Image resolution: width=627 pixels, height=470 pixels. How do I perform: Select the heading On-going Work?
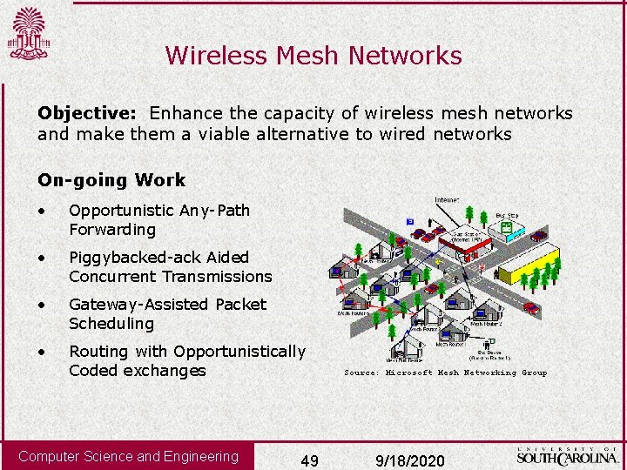point(111,180)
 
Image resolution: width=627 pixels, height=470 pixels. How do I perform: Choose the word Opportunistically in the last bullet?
point(239,351)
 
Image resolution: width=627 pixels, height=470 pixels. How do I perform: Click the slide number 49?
point(309,460)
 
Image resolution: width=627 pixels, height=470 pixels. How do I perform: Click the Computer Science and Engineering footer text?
point(128,456)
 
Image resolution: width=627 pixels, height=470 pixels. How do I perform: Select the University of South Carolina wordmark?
point(569,455)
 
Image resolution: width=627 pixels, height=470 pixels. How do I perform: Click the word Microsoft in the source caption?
point(409,373)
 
